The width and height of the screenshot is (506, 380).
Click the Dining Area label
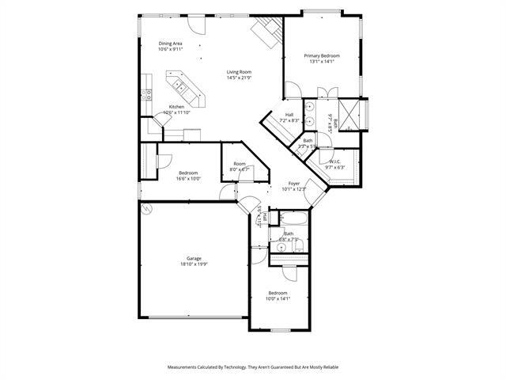point(171,44)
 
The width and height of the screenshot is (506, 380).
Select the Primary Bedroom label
point(322,55)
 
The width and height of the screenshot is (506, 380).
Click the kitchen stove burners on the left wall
point(146,93)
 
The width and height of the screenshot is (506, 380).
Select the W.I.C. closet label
point(334,161)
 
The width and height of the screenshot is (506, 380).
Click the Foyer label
point(293,183)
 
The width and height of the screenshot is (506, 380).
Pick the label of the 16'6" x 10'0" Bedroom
point(188,173)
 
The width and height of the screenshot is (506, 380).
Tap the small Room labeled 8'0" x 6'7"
point(240,164)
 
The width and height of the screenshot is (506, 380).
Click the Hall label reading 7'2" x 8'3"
point(289,115)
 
